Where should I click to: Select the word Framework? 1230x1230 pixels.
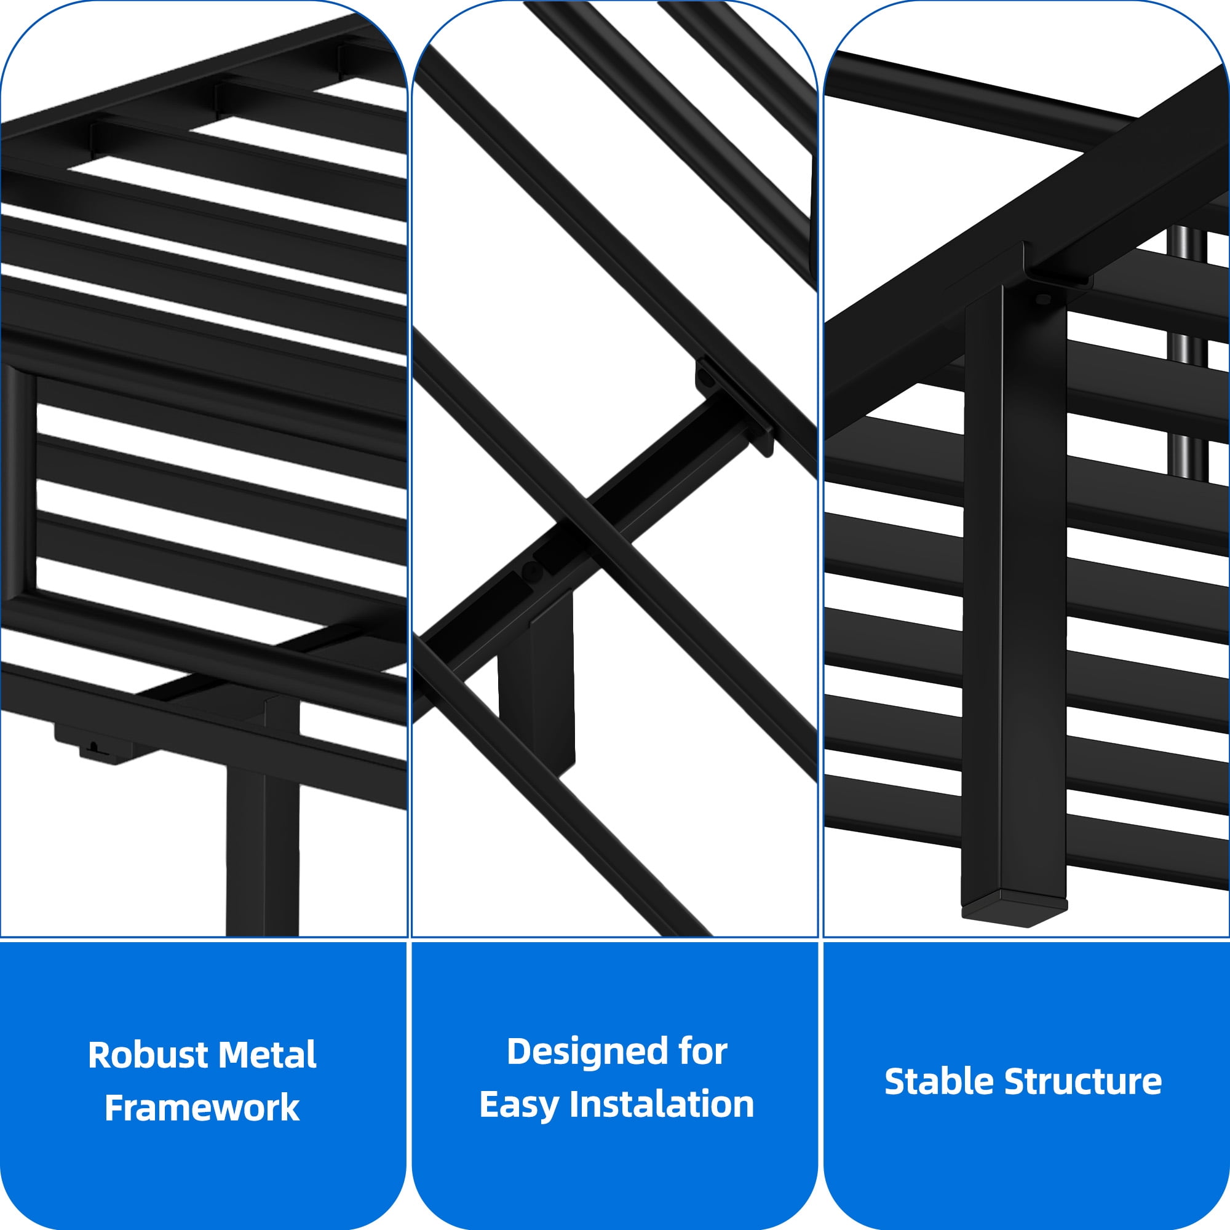point(202,1108)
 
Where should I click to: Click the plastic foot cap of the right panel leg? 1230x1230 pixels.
point(1014,911)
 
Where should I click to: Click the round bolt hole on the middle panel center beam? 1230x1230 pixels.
point(532,572)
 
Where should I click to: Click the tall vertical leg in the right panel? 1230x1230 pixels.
point(1015,598)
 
